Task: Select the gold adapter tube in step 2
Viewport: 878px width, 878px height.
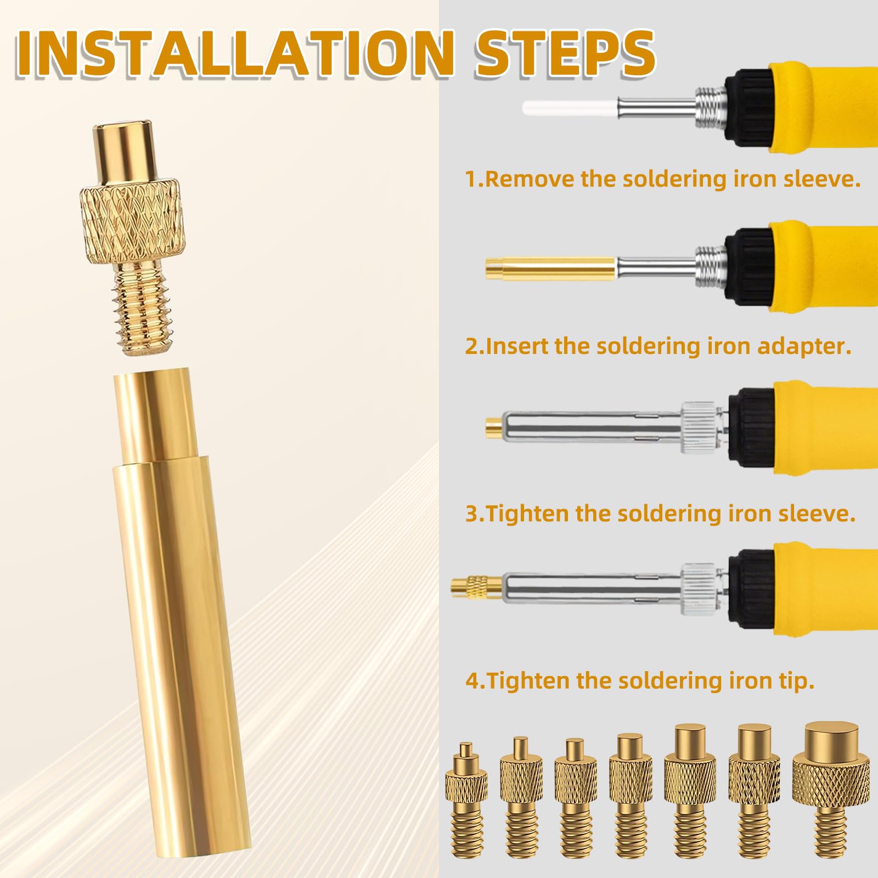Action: pos(550,269)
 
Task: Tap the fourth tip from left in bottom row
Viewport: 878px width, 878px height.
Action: pos(631,796)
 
